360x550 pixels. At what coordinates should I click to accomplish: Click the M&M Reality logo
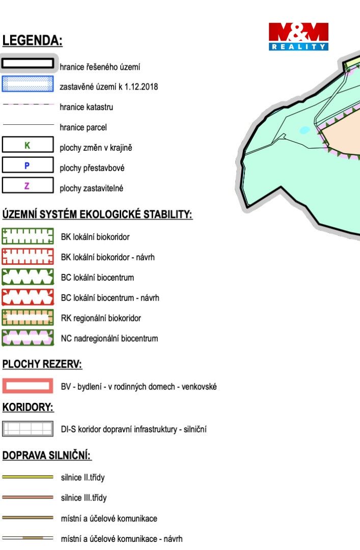click(x=298, y=37)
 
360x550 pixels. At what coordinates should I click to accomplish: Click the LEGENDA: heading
click(x=32, y=40)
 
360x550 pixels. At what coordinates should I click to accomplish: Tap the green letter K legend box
click(x=27, y=145)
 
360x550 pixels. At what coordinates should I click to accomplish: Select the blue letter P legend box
click(x=27, y=165)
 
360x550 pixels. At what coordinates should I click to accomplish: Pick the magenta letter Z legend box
click(x=27, y=185)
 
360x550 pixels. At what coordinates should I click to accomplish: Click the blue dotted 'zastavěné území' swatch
click(x=27, y=84)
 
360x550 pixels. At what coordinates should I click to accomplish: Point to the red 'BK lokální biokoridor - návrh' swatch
click(x=27, y=256)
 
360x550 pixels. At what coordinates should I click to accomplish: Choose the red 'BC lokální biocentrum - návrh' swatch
click(x=27, y=297)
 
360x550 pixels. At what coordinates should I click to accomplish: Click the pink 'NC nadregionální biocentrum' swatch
click(x=27, y=338)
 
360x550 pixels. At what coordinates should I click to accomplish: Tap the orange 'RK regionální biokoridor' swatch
click(x=27, y=317)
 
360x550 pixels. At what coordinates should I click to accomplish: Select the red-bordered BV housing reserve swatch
click(x=27, y=386)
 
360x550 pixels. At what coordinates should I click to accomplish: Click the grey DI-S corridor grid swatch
click(x=27, y=429)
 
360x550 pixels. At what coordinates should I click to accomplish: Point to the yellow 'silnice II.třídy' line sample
click(x=27, y=477)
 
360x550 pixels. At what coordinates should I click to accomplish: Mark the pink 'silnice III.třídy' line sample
click(x=27, y=498)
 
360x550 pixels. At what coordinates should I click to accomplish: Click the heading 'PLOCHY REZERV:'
click(x=42, y=365)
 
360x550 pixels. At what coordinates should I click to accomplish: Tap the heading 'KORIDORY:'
click(x=27, y=407)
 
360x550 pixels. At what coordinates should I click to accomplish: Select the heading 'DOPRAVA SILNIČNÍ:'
click(x=47, y=456)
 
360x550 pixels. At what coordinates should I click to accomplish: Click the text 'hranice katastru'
click(x=87, y=107)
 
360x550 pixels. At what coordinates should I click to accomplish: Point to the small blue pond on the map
click(x=304, y=130)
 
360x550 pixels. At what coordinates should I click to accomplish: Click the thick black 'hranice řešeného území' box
click(x=27, y=64)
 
